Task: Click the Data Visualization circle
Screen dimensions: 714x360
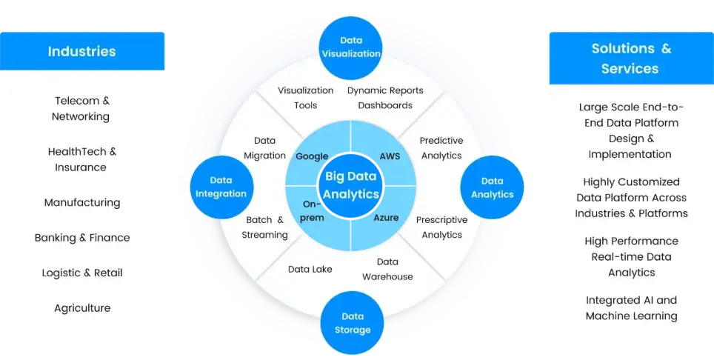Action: tap(350, 48)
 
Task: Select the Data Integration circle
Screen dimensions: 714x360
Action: tap(221, 187)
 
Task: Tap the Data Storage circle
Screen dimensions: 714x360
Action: tap(352, 323)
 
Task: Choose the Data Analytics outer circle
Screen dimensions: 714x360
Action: tap(493, 187)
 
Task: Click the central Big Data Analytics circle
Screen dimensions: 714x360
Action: tap(350, 186)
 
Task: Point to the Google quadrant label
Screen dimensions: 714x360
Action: tap(312, 156)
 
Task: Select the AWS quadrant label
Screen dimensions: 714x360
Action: tap(390, 156)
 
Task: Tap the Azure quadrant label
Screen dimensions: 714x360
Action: tap(386, 217)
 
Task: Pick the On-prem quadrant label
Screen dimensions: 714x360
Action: tap(312, 210)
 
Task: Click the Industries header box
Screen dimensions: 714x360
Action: tap(82, 51)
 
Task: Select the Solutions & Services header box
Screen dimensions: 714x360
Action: tap(631, 59)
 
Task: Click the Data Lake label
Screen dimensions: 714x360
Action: tap(310, 269)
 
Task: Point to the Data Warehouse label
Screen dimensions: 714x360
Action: tap(387, 269)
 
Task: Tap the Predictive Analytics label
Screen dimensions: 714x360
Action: tap(441, 148)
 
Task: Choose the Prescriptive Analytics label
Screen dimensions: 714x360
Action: tap(441, 227)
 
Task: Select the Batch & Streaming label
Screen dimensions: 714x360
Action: tap(264, 227)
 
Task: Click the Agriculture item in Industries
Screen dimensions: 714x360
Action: tap(82, 308)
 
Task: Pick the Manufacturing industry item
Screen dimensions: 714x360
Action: tap(82, 202)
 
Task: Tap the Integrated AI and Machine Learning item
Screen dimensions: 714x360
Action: tap(631, 307)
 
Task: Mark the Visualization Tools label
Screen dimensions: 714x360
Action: tap(306, 98)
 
